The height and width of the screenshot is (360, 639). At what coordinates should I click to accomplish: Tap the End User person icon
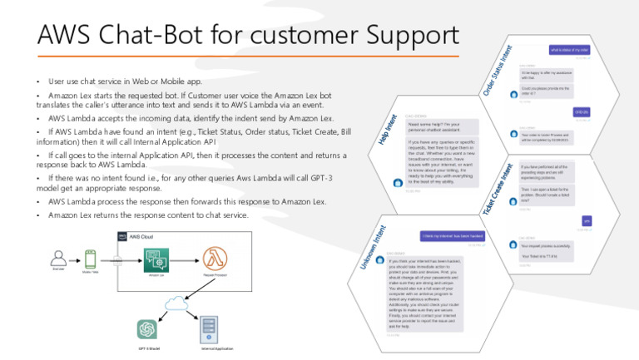point(59,258)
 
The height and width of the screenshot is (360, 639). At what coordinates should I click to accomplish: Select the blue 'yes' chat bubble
point(586,220)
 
